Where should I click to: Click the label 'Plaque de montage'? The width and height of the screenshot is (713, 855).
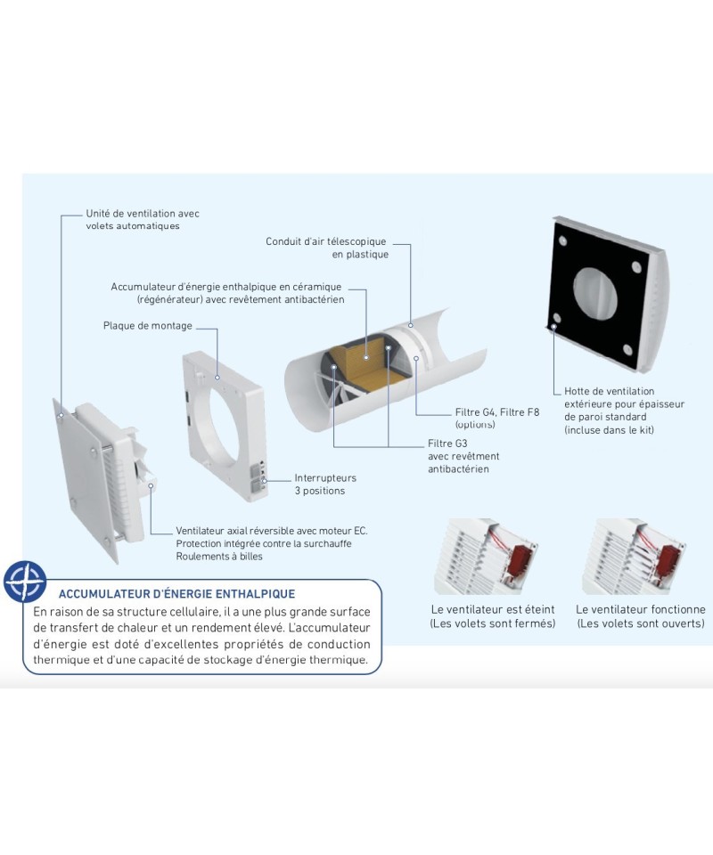click(x=148, y=326)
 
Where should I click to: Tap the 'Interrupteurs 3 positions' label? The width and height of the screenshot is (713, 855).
click(x=325, y=484)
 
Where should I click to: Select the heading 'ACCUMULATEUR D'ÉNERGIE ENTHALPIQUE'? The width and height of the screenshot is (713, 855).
click(x=176, y=594)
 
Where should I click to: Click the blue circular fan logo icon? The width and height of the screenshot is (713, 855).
click(x=25, y=582)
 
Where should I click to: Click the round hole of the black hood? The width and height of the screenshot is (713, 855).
click(x=595, y=293)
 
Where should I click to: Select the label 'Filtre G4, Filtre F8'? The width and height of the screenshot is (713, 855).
click(x=497, y=412)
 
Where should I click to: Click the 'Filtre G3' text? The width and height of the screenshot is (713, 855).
click(x=447, y=444)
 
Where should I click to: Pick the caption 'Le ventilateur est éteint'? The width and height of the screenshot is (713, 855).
click(x=493, y=609)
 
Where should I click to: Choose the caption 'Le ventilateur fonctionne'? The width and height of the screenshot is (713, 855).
click(x=641, y=609)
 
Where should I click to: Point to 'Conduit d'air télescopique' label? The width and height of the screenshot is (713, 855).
click(x=325, y=241)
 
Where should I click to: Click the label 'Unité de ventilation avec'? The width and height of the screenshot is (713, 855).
click(x=143, y=214)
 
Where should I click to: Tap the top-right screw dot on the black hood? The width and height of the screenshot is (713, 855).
click(x=636, y=266)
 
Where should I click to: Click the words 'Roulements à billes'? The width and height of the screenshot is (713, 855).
click(x=218, y=556)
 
